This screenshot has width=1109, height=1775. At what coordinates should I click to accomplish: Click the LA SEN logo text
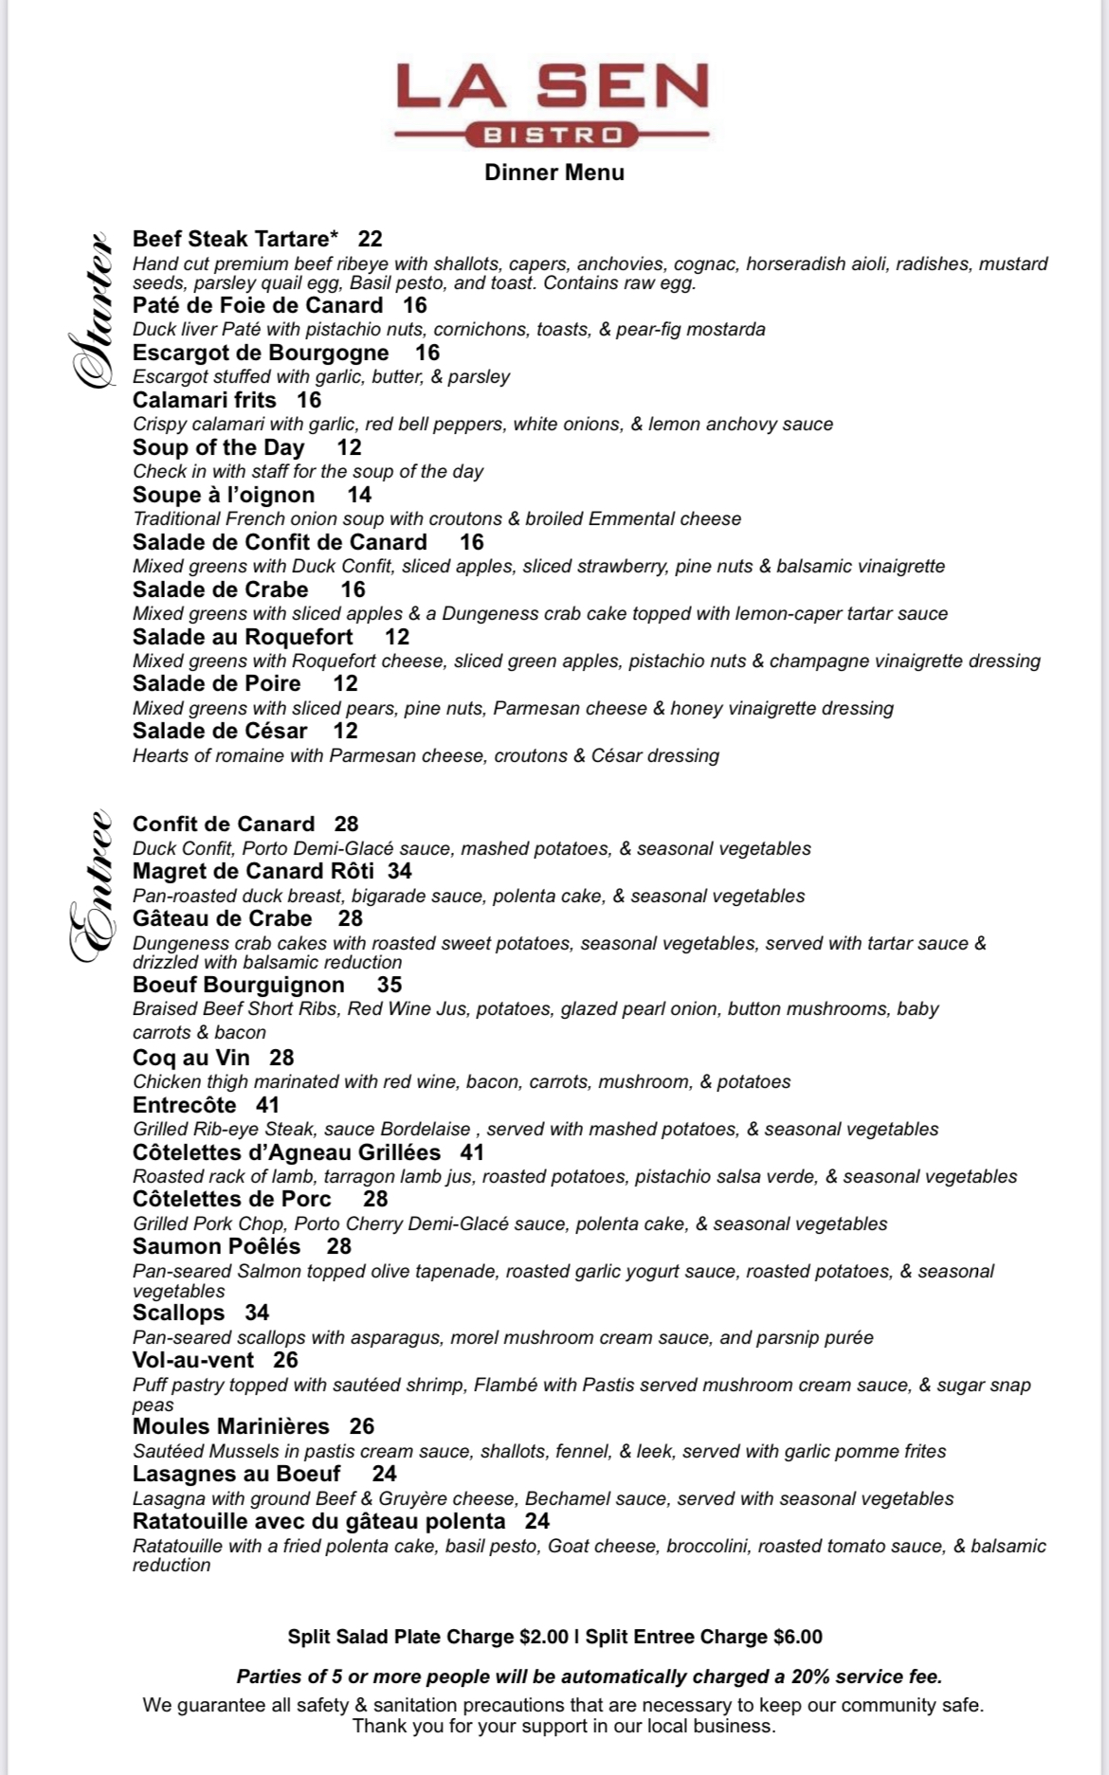pyautogui.click(x=553, y=87)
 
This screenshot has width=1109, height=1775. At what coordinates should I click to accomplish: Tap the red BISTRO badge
pyautogui.click(x=554, y=136)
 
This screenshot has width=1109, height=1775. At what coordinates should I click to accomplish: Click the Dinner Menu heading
pyautogui.click(x=554, y=172)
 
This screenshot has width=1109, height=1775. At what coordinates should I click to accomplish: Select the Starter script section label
pyautogui.click(x=92, y=309)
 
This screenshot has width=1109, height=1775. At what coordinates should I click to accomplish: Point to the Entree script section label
pyautogui.click(x=92, y=886)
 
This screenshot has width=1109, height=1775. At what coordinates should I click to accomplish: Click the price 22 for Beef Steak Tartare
pyautogui.click(x=370, y=239)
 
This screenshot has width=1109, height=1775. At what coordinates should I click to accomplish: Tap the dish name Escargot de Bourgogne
pyautogui.click(x=261, y=353)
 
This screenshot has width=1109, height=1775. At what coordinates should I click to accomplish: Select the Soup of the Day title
pyautogui.click(x=218, y=447)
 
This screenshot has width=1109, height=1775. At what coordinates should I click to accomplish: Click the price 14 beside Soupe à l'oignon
pyautogui.click(x=359, y=495)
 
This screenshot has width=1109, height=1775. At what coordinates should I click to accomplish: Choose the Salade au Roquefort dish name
pyautogui.click(x=243, y=637)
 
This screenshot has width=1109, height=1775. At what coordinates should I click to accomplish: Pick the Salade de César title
pyautogui.click(x=220, y=731)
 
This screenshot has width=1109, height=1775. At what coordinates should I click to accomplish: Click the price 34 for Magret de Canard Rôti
pyautogui.click(x=399, y=871)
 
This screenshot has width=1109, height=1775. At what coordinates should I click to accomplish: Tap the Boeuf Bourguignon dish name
pyautogui.click(x=238, y=985)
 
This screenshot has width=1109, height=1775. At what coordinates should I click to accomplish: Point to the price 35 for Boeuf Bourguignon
pyautogui.click(x=389, y=985)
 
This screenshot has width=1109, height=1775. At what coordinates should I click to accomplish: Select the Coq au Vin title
pyautogui.click(x=191, y=1058)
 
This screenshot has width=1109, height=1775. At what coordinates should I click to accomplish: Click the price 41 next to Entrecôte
pyautogui.click(x=267, y=1105)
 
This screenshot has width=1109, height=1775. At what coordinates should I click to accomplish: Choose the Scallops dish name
pyautogui.click(x=178, y=1313)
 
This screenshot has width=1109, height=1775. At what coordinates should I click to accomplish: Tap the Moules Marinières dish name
pyautogui.click(x=230, y=1426)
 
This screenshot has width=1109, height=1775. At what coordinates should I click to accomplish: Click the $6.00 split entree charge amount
pyautogui.click(x=797, y=1637)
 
